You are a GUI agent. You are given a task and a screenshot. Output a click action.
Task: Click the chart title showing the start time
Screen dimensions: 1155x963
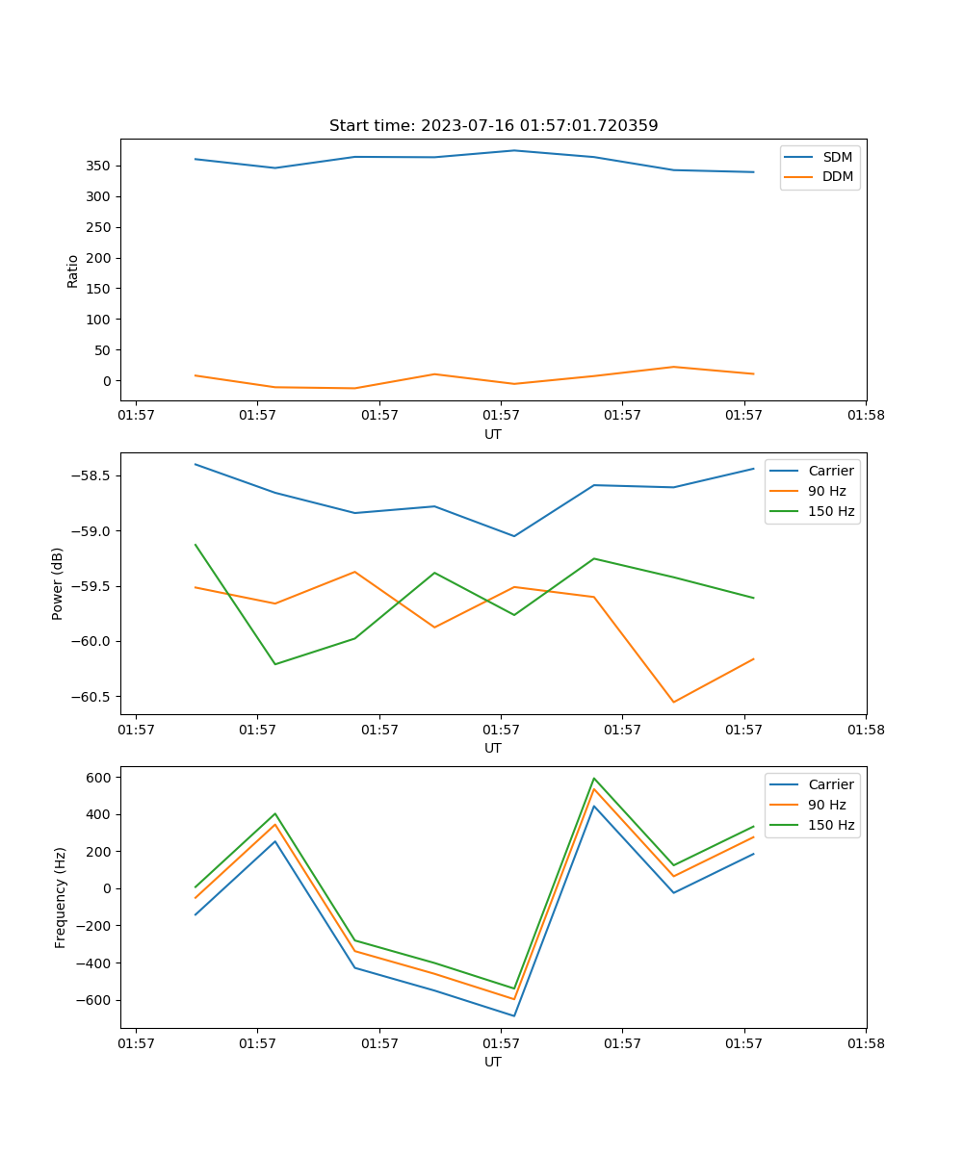[493, 126]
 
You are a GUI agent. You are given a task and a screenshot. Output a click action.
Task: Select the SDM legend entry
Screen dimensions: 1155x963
[837, 157]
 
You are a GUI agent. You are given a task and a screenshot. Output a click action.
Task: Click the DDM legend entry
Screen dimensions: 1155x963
[837, 176]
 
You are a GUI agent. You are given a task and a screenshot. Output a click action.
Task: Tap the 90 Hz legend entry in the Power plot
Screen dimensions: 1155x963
[826, 491]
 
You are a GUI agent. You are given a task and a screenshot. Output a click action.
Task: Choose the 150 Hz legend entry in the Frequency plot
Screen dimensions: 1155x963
[830, 825]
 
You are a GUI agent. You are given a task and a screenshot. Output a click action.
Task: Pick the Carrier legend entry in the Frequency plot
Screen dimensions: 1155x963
[830, 784]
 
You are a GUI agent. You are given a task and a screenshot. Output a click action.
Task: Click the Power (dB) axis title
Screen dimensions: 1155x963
[58, 583]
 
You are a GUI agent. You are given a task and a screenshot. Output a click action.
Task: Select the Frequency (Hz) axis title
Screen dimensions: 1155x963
[61, 897]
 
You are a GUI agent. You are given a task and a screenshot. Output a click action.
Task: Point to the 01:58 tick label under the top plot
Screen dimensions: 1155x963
[865, 416]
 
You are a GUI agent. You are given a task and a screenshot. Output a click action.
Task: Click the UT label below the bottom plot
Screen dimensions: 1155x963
[493, 1062]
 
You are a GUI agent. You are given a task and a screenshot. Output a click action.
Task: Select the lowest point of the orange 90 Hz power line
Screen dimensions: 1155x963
[673, 702]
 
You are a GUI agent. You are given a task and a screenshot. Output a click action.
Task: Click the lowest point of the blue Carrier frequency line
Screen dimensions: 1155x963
[514, 1015]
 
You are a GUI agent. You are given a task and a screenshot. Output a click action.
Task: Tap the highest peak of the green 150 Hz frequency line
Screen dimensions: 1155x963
[594, 778]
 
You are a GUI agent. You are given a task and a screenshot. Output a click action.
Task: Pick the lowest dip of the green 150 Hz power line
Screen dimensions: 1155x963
[275, 664]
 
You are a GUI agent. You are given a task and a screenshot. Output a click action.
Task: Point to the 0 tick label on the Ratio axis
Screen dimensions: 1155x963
[106, 381]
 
